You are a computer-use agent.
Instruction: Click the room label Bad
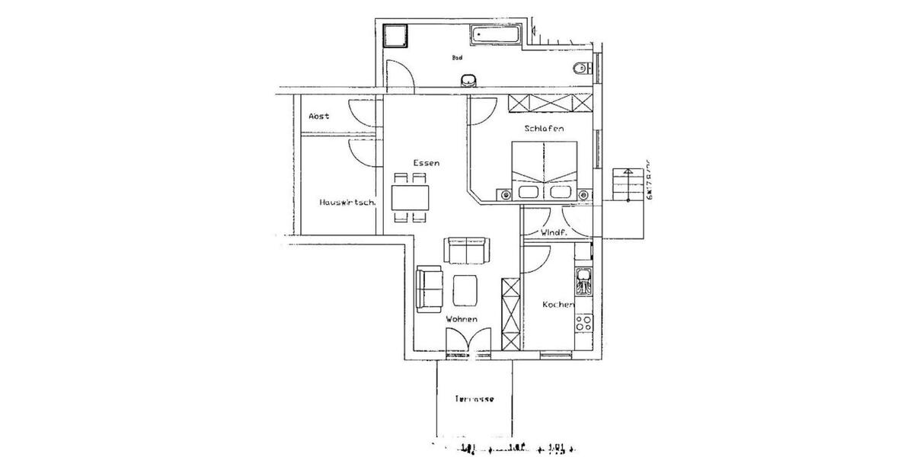tap(457, 57)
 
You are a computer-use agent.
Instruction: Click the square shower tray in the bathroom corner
tap(396, 36)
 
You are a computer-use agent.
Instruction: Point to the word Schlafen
tap(544, 129)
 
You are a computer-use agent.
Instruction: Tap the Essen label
tap(427, 163)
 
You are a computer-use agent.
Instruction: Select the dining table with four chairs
tap(411, 198)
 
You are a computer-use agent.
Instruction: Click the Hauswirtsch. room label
tap(347, 203)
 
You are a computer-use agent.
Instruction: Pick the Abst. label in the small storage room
tap(318, 117)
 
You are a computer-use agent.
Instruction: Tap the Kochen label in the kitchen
tap(558, 305)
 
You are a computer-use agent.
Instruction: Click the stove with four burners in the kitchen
tap(584, 322)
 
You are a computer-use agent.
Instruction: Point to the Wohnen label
tap(462, 320)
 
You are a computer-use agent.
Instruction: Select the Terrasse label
tap(475, 399)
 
